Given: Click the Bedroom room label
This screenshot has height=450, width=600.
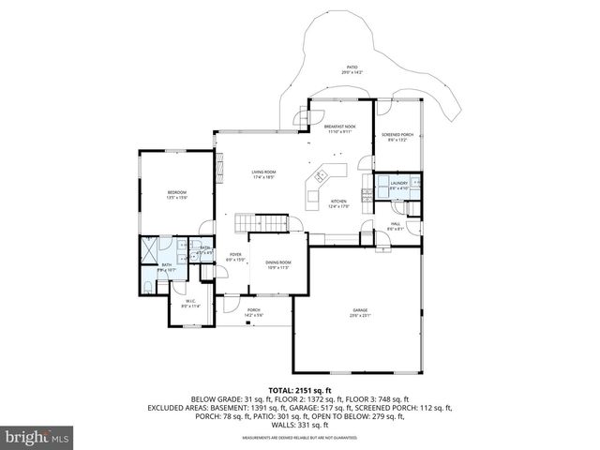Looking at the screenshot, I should (177, 192).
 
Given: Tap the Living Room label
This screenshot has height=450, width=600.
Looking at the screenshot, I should (263, 172).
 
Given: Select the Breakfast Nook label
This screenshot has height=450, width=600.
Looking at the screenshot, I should (339, 126).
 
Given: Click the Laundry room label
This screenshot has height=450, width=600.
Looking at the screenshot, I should (398, 184).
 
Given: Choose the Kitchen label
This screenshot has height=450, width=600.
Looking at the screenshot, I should (338, 202).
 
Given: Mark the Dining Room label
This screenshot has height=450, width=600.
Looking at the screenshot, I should (278, 262).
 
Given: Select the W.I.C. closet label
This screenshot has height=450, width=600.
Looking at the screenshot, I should (189, 301).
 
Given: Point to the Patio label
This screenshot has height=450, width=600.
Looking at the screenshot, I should (352, 67).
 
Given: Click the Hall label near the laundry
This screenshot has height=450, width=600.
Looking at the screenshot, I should (396, 224).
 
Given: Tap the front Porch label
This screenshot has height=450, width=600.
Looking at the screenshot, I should (253, 310).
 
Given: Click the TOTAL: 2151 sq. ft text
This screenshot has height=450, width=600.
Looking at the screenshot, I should (300, 388).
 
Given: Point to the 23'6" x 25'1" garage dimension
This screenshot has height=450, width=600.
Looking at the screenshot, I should (360, 316).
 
